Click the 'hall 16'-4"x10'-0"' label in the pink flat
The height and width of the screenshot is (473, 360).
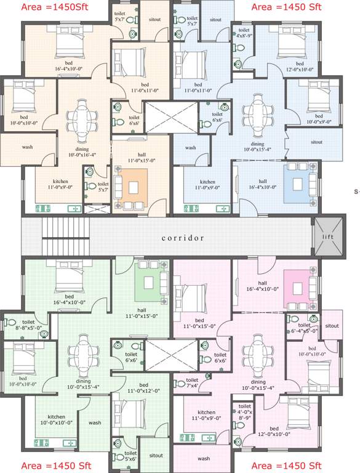coord(262,285)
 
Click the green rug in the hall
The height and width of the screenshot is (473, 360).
coord(150,281)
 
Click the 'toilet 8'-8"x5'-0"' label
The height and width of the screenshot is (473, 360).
coord(28,325)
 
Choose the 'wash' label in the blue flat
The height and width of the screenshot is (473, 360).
coord(190,148)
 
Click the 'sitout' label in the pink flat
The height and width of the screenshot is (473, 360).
coord(332,326)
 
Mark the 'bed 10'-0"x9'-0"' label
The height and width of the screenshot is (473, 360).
coord(319,119)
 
